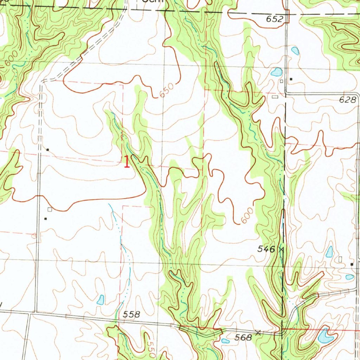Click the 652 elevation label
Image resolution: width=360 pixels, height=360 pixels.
275,20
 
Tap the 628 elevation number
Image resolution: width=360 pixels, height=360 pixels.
347,100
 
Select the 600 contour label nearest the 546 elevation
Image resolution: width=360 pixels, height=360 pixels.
247,216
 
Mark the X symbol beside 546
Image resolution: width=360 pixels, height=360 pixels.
281,249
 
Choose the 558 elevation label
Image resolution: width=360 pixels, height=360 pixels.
132,315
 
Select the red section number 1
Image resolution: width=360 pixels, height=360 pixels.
127,162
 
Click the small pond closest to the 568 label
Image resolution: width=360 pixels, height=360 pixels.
225,340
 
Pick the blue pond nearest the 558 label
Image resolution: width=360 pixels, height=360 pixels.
101,300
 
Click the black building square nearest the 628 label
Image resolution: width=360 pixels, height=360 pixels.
291,79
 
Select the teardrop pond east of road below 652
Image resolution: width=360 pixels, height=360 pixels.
295,51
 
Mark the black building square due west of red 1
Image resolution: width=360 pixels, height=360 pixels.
48,150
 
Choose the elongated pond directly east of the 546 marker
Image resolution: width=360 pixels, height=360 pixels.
329,251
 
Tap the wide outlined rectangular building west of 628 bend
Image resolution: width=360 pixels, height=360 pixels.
275,96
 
